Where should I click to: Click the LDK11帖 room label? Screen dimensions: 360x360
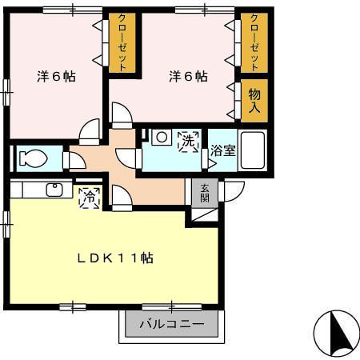pos(115,258)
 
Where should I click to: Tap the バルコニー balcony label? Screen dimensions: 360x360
pos(171,326)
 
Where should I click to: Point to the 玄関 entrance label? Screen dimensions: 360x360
pos(205,192)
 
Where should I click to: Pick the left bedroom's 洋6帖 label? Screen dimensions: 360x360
pos(57,78)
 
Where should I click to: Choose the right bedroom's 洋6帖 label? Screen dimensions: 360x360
pos(188,78)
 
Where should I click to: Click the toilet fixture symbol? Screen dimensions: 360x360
pos(32,158)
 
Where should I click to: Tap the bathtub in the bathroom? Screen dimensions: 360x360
pos(254,150)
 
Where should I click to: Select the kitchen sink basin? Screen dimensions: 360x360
pos(55,190)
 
